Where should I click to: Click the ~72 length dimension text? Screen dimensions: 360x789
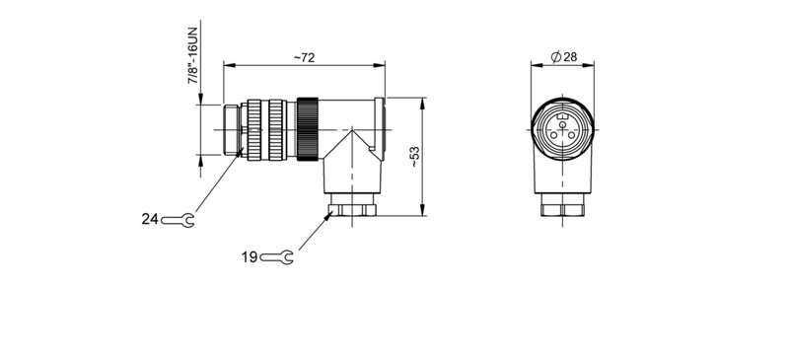[x=304, y=58]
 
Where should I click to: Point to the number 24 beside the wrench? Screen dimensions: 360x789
[x=149, y=219]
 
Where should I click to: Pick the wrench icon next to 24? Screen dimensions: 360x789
[x=179, y=219]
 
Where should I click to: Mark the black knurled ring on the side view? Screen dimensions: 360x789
[x=308, y=127]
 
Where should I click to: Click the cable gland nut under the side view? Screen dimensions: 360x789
[x=351, y=210]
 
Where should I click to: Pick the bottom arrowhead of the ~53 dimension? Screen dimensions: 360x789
[x=422, y=211]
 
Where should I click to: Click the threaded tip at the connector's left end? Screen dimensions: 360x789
[x=233, y=127]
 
